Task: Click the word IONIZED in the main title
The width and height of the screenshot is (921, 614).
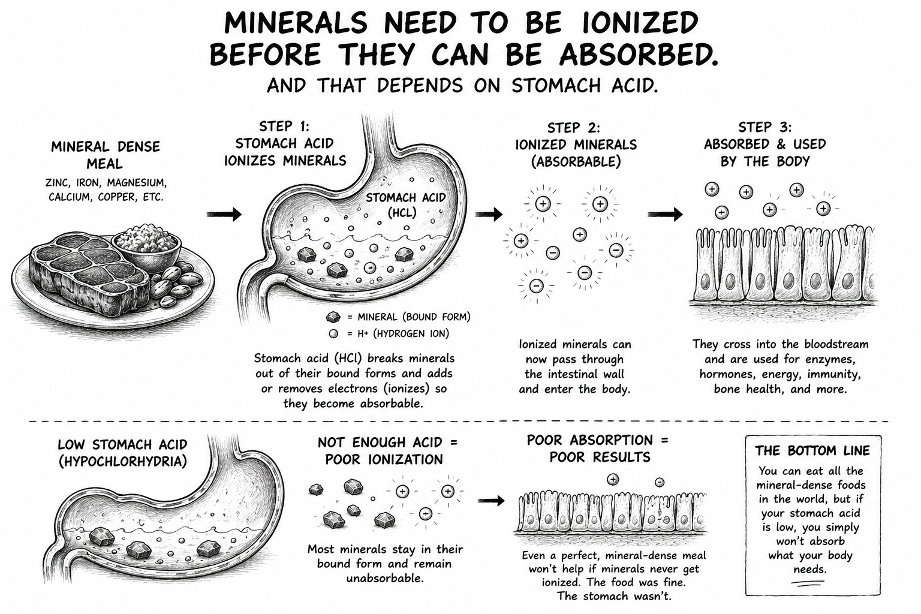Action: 640,23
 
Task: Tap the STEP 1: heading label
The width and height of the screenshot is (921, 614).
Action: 284,126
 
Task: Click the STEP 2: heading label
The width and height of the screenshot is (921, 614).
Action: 574,128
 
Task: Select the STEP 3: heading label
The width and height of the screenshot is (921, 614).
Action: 765,127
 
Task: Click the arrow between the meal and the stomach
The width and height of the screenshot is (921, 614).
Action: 224,214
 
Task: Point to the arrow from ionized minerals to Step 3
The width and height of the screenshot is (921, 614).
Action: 665,214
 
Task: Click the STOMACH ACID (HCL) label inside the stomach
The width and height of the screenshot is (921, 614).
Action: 405,205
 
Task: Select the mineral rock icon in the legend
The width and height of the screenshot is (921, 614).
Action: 333,317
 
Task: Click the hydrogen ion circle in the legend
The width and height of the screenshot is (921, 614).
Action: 333,334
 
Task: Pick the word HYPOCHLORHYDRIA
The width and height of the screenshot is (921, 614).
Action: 123,462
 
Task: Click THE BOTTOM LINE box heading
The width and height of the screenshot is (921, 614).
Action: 812,451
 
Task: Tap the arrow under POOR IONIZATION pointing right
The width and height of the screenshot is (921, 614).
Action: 491,501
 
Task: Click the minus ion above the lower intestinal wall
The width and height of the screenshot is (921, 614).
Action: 660,482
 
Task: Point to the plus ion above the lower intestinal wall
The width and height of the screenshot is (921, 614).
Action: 613,479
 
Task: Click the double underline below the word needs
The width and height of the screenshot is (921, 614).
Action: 810,583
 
